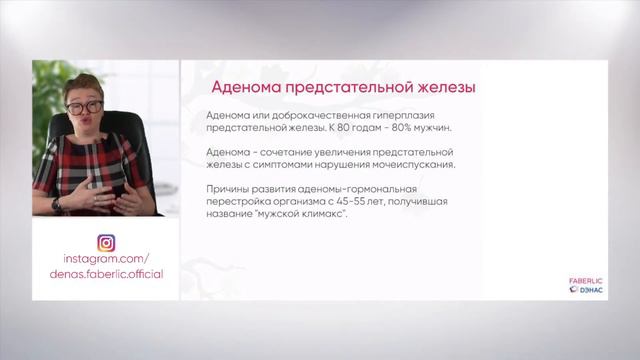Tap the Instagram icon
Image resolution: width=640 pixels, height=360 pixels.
(x=106, y=242)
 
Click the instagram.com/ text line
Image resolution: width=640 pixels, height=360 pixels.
(x=105, y=258)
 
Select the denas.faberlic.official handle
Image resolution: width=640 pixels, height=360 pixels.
(x=106, y=274)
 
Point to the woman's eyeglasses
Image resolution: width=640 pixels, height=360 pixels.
(x=85, y=104)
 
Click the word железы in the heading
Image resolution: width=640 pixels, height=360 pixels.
(x=439, y=88)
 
